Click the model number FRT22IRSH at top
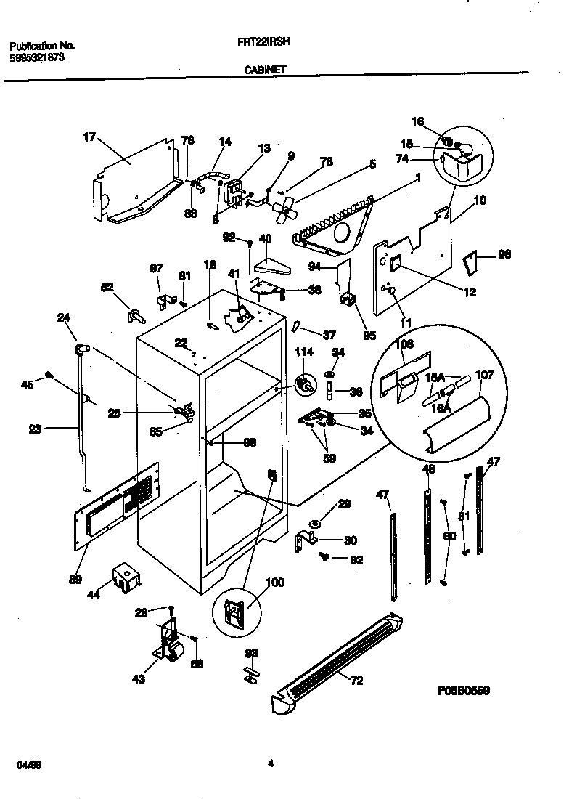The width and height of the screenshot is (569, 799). [x=263, y=43]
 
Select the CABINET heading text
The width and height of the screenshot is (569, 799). [x=264, y=70]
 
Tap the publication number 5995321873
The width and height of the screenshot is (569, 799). [x=36, y=57]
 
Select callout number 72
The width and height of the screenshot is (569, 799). [x=356, y=681]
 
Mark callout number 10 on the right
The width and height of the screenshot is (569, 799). [x=480, y=200]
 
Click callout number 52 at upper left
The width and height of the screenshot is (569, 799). [x=107, y=287]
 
